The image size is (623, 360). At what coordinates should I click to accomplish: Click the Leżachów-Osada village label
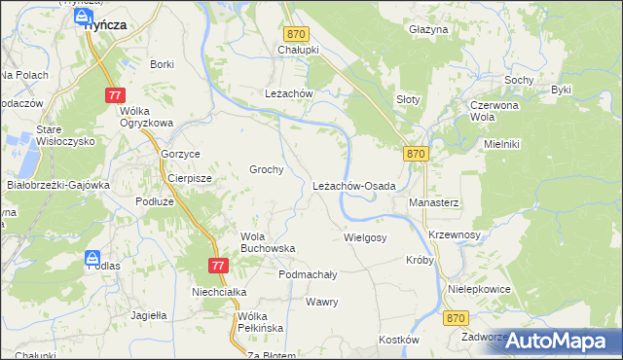[353, 186]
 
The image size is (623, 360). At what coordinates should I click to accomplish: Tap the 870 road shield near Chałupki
[297, 33]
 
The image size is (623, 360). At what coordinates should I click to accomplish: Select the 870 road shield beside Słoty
[416, 154]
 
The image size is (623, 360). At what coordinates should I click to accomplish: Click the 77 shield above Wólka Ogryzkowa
[116, 94]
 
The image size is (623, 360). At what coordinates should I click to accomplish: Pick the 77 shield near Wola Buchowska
[218, 266]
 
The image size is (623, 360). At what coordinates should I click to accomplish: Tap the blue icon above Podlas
[92, 259]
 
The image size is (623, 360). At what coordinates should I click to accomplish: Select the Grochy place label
[266, 169]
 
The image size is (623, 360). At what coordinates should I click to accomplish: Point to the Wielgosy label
[365, 237]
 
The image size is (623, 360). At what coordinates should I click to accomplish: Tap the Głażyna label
[428, 30]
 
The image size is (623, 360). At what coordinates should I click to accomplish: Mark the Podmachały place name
[308, 275]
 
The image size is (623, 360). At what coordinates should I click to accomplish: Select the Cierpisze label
[191, 179]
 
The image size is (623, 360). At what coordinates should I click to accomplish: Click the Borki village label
[162, 64]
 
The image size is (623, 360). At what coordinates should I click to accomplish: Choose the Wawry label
[321, 302]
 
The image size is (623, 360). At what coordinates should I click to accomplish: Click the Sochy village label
[517, 79]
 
